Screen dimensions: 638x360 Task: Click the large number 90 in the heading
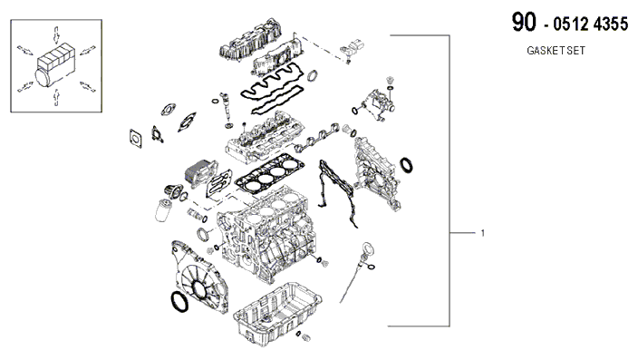(x=524, y=22)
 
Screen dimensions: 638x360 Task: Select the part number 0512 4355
(x=590, y=24)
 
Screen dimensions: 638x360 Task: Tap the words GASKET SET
(x=556, y=51)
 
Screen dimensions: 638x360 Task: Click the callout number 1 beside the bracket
(x=482, y=233)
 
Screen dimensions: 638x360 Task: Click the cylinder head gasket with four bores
(x=269, y=173)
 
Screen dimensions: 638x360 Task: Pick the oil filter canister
(x=163, y=209)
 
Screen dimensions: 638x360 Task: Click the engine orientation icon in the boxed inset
(x=56, y=65)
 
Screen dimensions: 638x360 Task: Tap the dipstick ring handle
(x=367, y=248)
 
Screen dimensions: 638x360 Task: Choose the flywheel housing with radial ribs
(x=199, y=277)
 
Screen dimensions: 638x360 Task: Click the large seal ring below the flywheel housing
(x=179, y=302)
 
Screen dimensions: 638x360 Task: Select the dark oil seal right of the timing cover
(x=406, y=165)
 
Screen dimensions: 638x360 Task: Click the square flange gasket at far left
(x=136, y=139)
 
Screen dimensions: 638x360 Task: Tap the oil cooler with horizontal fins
(x=200, y=174)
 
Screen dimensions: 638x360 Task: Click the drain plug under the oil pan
(x=307, y=337)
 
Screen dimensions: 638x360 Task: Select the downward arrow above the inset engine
(x=56, y=34)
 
